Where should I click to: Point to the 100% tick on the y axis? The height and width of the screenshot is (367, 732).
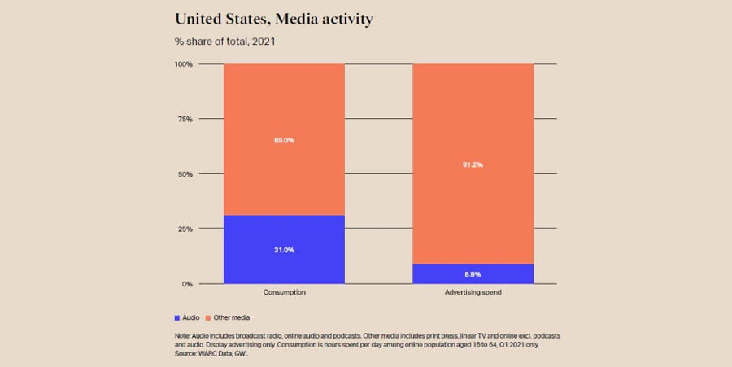[x=183, y=64]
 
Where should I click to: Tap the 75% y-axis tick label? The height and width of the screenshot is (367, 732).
[x=185, y=120]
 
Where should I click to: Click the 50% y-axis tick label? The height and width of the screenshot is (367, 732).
[x=185, y=174]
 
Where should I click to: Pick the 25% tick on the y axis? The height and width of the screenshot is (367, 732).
[x=185, y=229]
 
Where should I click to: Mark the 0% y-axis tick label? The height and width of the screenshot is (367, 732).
[x=187, y=284]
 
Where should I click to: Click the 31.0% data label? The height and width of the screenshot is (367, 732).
[x=284, y=250]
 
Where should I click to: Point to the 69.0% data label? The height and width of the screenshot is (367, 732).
[x=284, y=140]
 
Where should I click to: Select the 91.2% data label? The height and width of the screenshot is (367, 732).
[x=473, y=164]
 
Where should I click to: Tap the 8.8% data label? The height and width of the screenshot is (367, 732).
[x=473, y=274]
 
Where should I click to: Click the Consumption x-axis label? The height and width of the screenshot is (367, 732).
[x=284, y=292]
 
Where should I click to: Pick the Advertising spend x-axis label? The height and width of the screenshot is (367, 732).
[x=473, y=292]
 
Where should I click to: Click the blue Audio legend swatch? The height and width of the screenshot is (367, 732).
[x=177, y=317]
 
